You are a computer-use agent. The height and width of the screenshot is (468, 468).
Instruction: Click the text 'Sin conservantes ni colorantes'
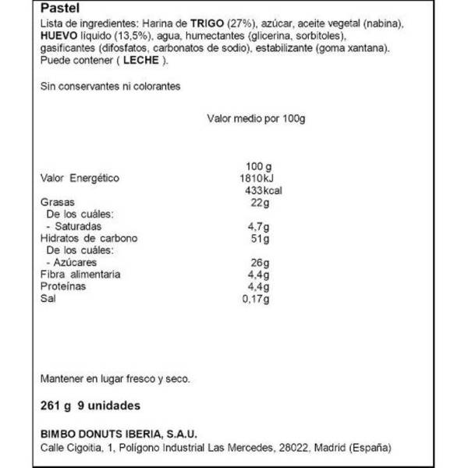[110, 87]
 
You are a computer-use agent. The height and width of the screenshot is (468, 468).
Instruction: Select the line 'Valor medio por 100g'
[255, 119]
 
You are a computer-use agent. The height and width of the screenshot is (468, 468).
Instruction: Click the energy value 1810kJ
[257, 179]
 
